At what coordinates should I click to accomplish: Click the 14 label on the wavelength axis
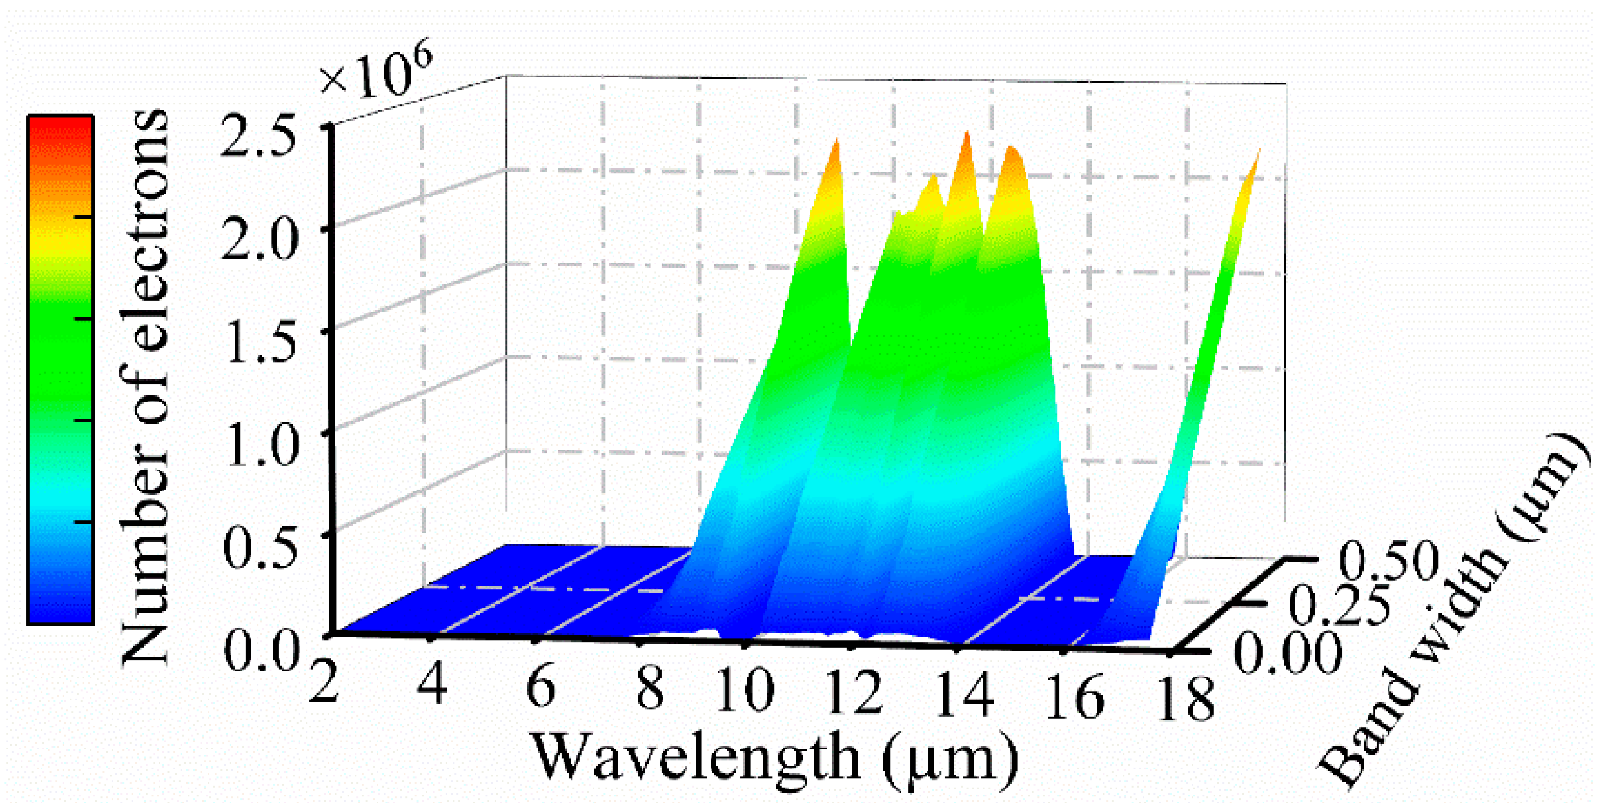(963, 696)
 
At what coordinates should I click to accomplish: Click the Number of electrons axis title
(144, 388)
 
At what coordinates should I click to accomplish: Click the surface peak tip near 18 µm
(1258, 154)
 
